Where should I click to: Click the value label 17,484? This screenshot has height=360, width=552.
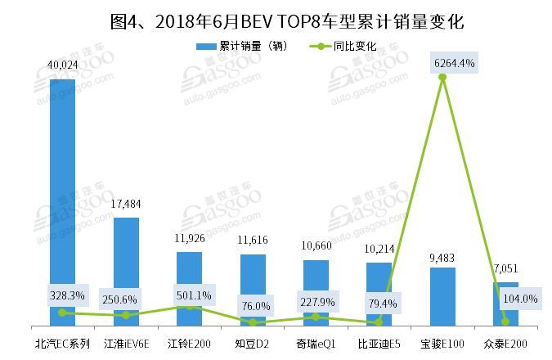[126, 207]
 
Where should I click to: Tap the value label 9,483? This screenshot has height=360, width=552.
[442, 257]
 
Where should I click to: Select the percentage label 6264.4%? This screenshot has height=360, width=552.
[442, 62]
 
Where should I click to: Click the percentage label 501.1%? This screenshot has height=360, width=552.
[189, 295]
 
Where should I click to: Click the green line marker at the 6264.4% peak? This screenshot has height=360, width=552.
[442, 78]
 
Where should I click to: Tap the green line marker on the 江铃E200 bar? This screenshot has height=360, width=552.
[189, 306]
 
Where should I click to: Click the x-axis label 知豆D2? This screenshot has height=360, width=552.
[253, 343]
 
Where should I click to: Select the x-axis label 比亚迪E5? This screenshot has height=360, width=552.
[379, 343]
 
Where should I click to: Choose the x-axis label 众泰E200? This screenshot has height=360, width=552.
[505, 343]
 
